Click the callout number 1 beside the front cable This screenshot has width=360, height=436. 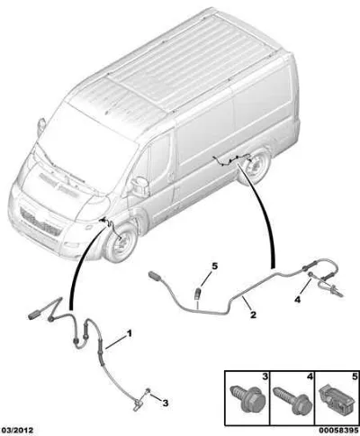(130, 333)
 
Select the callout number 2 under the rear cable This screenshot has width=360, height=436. (253, 314)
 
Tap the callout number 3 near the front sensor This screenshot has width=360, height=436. (166, 403)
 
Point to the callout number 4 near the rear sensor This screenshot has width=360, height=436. (297, 299)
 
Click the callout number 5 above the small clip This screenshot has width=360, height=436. (214, 266)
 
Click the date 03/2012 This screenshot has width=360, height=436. (17, 431)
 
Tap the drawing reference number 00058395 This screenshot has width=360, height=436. (338, 431)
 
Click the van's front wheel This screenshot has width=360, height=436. (121, 242)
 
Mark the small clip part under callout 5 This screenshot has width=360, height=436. (198, 293)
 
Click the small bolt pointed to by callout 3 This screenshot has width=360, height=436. (148, 391)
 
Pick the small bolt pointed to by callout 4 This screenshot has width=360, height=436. (310, 274)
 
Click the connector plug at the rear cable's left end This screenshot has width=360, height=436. (156, 275)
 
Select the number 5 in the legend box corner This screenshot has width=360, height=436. (355, 377)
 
